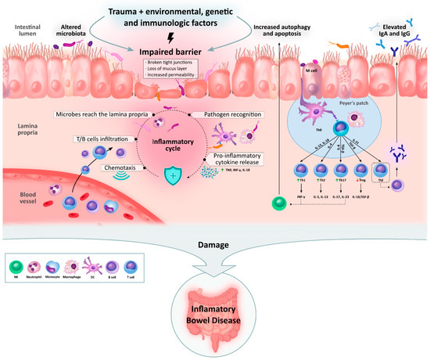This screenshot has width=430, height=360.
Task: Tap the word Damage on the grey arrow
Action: pyautogui.click(x=215, y=244)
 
